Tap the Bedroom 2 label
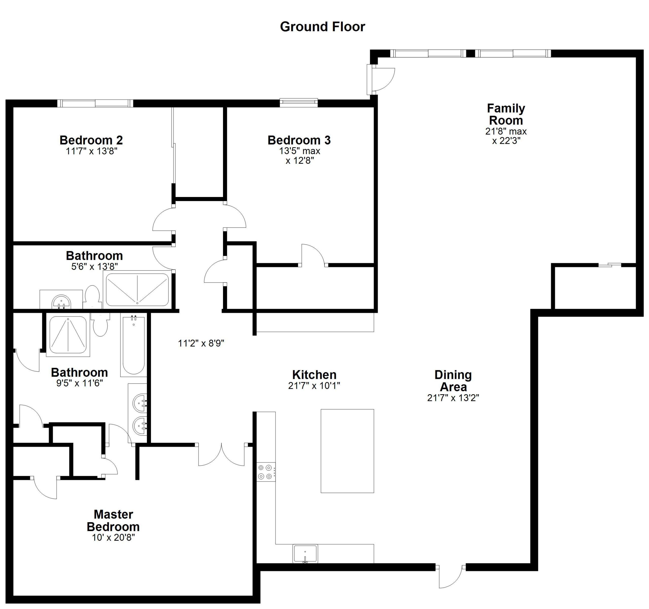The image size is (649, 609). click(91, 140)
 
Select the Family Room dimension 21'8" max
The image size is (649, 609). click(506, 131)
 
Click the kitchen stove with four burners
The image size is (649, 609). click(265, 472)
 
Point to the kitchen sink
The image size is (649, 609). click(305, 553)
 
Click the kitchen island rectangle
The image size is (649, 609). click(347, 451)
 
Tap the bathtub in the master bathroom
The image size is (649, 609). click(133, 345)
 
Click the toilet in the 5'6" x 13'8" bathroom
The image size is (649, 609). click(92, 296)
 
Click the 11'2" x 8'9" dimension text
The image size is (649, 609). click(201, 343)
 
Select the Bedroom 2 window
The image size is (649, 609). click(95, 103)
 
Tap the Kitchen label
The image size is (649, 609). click(314, 375)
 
